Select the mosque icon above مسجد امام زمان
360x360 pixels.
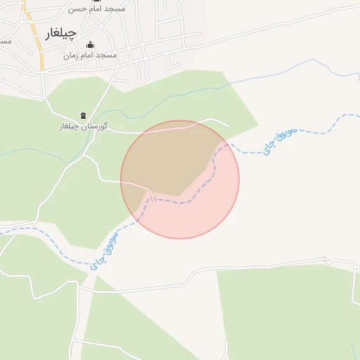[90, 44]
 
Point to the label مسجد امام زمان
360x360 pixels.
[90, 55]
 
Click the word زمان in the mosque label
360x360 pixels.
[70, 55]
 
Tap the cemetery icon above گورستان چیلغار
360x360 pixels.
[83, 116]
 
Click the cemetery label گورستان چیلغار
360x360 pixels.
[83, 127]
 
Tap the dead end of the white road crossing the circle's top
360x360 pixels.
[229, 127]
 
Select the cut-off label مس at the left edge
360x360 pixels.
[4, 41]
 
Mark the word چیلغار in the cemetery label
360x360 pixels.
[69, 127]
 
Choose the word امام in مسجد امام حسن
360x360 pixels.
[96, 9]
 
